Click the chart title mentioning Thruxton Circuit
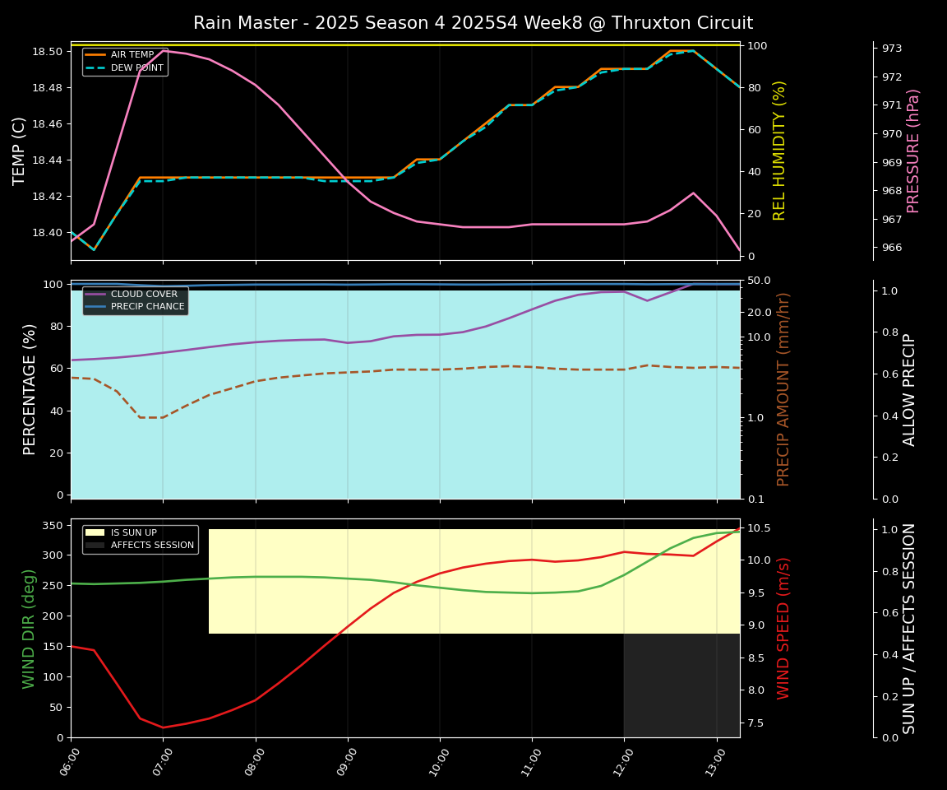tap(473, 23)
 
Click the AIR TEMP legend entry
tap(132, 55)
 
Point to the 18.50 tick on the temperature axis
tap(47, 51)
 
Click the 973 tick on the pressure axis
tap(892, 49)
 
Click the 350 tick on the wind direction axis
tap(53, 525)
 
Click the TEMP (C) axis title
tap(19, 151)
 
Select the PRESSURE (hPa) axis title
tap(913, 151)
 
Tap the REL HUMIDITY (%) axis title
tap(779, 151)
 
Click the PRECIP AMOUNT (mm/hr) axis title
tap(783, 389)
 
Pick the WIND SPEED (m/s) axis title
tap(783, 628)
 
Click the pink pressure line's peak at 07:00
tap(163, 50)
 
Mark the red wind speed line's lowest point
tap(163, 727)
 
